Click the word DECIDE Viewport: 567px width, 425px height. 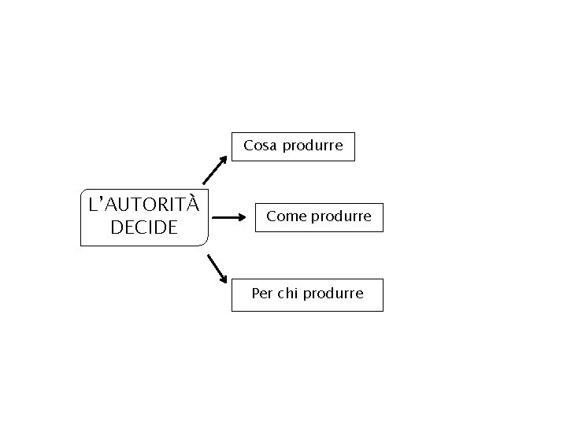click(144, 227)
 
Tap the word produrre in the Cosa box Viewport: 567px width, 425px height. click(313, 146)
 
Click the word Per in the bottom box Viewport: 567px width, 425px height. click(262, 294)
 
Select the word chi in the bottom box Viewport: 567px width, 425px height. click(287, 294)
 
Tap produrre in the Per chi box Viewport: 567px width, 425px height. click(333, 294)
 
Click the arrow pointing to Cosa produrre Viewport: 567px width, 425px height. click(214, 170)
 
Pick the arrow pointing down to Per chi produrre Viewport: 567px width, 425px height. click(217, 268)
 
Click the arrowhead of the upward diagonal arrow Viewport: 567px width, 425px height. click(224, 158)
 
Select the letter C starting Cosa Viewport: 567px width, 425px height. click(249, 146)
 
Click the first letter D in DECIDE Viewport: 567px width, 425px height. click(117, 227)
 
